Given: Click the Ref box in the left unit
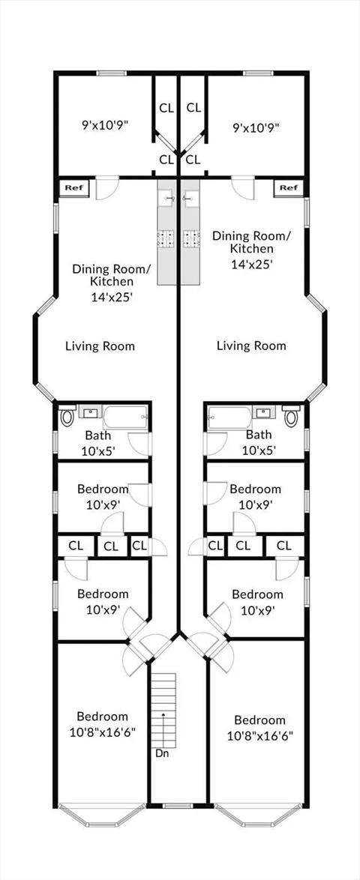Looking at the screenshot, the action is tap(74, 188).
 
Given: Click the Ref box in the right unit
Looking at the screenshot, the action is tap(289, 188).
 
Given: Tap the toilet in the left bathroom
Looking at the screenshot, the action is tap(67, 417).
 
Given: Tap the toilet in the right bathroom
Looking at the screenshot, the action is tap(292, 417).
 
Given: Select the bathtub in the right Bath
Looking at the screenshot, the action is tap(230, 418).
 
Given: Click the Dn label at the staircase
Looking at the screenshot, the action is tap(162, 753).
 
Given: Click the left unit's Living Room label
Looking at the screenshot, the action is tap(100, 346).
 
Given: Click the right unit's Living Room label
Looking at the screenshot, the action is tap(251, 346).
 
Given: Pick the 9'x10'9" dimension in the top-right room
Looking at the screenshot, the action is tap(256, 127).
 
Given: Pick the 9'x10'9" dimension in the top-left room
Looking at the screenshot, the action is tap(106, 125).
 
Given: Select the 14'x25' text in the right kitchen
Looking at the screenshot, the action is tap(251, 262).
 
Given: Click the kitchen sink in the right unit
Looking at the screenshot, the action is tap(190, 197).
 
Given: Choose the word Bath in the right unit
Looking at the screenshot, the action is tap(259, 435).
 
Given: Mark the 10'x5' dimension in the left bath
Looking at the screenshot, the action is tap(99, 450).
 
